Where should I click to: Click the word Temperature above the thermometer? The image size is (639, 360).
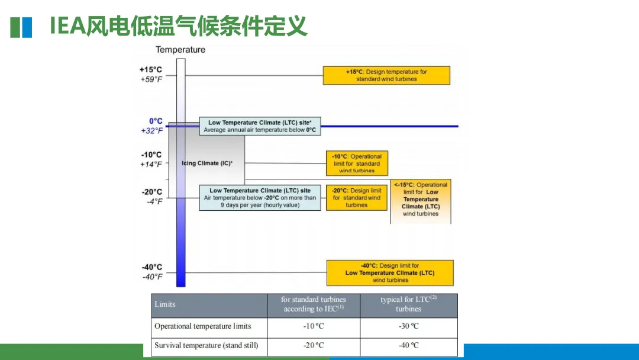180,50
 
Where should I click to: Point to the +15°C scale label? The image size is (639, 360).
151,69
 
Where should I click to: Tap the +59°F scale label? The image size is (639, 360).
151,79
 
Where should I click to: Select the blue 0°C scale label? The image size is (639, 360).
156,121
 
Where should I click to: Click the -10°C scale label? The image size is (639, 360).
151,155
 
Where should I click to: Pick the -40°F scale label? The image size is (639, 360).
152,277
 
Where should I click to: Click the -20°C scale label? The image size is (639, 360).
151,192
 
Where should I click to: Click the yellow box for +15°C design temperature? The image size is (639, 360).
386,75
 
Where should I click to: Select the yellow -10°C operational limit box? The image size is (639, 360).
357,163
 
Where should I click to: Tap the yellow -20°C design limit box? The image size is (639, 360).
356,198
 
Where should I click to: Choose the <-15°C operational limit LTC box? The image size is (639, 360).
421,200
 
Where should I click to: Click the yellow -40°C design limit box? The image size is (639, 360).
390,273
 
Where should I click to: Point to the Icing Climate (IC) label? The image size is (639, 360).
207,163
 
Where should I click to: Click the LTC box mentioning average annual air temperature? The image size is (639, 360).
260,126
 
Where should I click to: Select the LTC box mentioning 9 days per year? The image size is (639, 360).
260,198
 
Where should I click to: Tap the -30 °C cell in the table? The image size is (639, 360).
408,326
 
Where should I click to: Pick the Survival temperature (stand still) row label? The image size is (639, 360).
206,345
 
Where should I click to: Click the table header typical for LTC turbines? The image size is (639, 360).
408,304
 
